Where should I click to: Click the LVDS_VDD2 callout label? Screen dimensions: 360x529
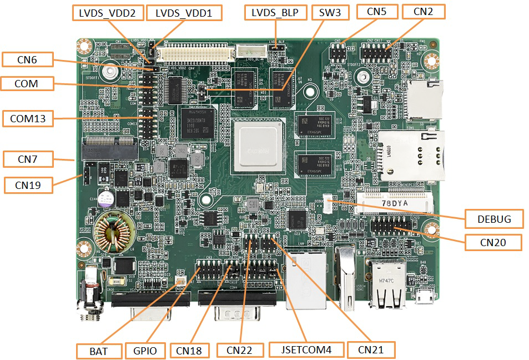(x=108, y=13)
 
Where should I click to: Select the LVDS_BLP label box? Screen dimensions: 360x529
(x=275, y=13)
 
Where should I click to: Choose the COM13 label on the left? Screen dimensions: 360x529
(x=28, y=118)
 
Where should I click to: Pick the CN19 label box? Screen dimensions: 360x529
(x=29, y=184)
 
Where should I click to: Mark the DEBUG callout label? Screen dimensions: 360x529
(x=493, y=219)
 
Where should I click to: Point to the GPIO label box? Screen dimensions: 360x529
(x=145, y=351)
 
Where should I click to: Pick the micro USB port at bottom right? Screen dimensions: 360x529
(x=426, y=297)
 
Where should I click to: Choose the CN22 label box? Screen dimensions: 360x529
(x=239, y=350)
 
